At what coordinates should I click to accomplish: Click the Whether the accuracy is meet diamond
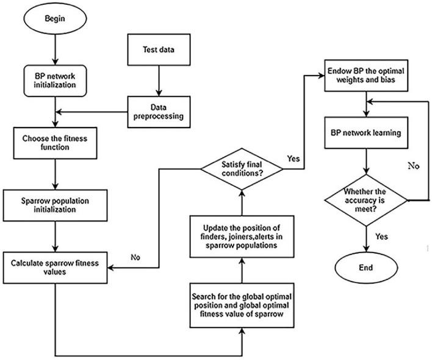click(365, 200)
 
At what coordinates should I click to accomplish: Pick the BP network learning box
click(365, 132)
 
